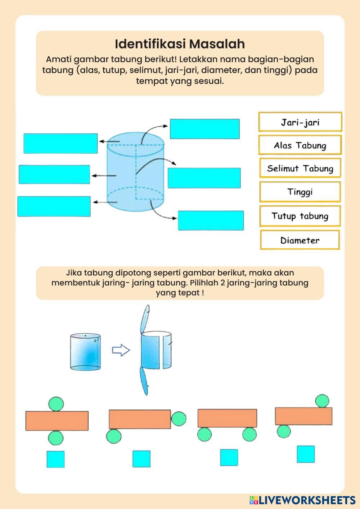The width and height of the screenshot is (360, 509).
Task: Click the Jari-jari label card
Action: [300, 122]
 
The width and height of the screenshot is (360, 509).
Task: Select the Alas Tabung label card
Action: [300, 145]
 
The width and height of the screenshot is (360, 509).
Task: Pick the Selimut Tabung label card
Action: [300, 168]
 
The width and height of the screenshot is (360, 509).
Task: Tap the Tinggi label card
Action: [300, 192]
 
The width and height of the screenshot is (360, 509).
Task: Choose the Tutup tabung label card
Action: [300, 216]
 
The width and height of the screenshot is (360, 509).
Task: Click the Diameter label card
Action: [300, 240]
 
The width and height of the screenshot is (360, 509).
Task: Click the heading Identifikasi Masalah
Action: [180, 44]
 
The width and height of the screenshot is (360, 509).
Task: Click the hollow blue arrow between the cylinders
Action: [121, 350]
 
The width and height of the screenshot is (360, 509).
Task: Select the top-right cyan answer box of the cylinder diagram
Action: [204, 129]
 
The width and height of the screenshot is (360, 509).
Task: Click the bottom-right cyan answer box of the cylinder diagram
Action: [211, 220]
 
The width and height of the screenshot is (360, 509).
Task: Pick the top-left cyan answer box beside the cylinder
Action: [60, 143]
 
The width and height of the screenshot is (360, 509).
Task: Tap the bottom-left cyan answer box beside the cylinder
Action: [54, 206]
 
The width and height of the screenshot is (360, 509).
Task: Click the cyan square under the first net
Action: [55, 459]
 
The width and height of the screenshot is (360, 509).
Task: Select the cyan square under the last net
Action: [306, 454]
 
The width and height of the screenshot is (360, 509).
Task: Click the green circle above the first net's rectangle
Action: [56, 404]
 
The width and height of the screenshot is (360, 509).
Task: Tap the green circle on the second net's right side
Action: [179, 419]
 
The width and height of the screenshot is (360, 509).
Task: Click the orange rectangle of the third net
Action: [227, 418]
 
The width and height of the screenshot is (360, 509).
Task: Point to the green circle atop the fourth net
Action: [322, 401]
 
